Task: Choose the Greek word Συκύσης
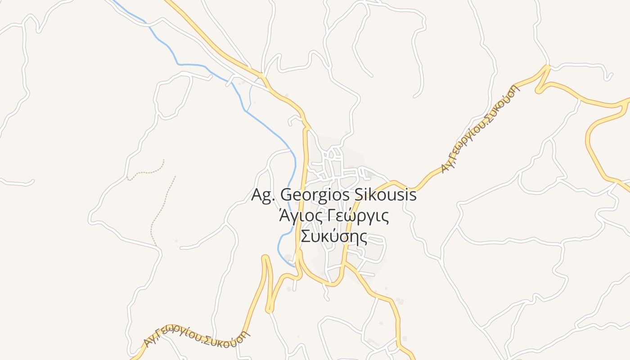(x=333, y=236)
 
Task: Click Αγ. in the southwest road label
(x=149, y=342)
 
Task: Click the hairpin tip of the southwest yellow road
(x=269, y=310)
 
